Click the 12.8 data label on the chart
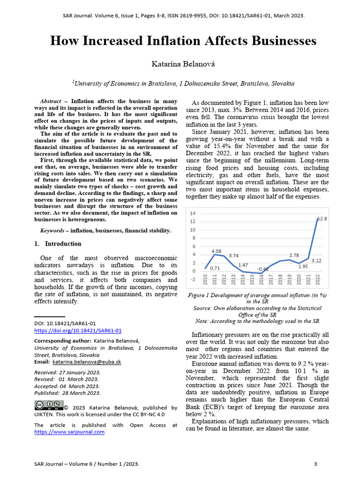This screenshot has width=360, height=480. pyautogui.click(x=322, y=219)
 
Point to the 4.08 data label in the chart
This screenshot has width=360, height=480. pyautogui.click(x=216, y=251)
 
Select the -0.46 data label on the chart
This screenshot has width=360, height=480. pyautogui.click(x=262, y=269)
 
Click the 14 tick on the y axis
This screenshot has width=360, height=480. pyautogui.click(x=192, y=213)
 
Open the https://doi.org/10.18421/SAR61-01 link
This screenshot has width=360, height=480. pyautogui.click(x=78, y=330)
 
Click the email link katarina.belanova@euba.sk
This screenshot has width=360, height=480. pyautogui.click(x=87, y=362)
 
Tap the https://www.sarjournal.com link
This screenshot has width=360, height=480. pyautogui.click(x=69, y=432)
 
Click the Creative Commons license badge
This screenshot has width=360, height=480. pyautogui.click(x=48, y=405)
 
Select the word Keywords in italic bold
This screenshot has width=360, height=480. pyautogui.click(x=52, y=231)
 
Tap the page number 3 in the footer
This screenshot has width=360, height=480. pyautogui.click(x=315, y=464)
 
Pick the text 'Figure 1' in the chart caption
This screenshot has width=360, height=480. pyautogui.click(x=200, y=295)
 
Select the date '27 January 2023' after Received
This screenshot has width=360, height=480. pyautogui.click(x=78, y=372)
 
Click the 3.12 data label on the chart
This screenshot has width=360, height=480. pyautogui.click(x=315, y=261)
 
